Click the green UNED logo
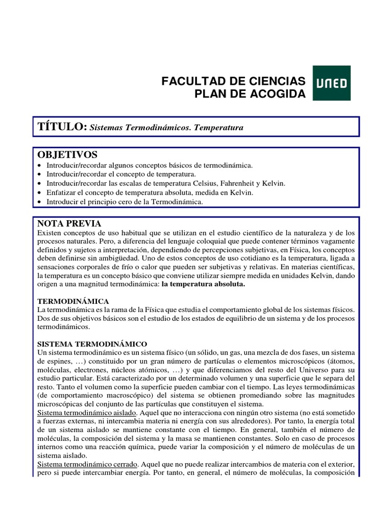(331, 83)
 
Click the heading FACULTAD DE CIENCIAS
(233, 81)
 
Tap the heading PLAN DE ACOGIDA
(250, 93)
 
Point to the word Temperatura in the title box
(218, 128)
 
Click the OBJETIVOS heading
(67, 155)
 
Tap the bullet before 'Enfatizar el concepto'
(40, 193)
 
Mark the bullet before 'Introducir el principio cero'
(40, 202)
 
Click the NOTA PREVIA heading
(69, 223)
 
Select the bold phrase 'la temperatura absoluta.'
(203, 284)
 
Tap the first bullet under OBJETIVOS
(40, 165)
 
